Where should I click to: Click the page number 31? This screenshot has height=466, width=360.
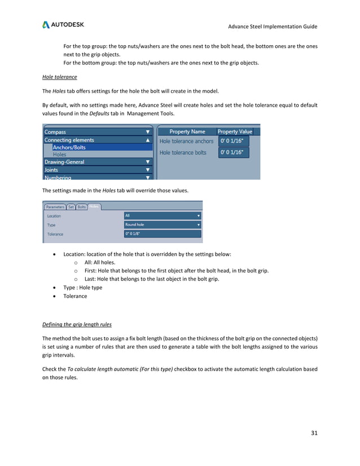point(314,433)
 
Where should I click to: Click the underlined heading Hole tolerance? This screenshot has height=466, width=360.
point(59,77)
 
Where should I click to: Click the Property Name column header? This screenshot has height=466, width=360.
point(187,131)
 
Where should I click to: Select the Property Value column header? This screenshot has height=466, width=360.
point(235,131)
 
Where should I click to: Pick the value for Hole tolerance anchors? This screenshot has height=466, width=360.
point(234,141)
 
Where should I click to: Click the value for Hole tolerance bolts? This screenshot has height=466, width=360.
point(234,152)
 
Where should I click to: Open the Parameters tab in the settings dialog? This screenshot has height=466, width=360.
point(55,207)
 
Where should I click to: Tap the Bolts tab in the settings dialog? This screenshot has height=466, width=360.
point(82,207)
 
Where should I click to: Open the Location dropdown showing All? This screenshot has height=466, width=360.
point(163,216)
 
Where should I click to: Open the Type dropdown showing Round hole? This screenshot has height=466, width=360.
point(163,225)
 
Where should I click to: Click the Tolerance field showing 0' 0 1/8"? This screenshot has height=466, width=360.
point(163,234)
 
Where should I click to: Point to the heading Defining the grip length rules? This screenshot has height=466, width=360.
point(77,324)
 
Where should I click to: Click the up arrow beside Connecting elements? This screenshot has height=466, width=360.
point(148,140)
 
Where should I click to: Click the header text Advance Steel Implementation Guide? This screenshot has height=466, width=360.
point(273,27)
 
